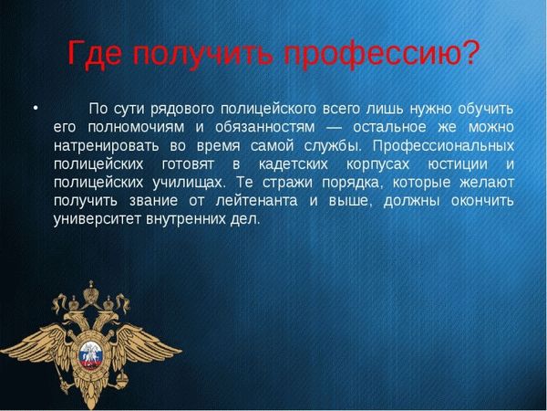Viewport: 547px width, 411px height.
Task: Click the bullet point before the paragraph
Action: pos(36,109)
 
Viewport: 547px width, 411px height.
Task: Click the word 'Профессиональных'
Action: pos(443,145)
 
